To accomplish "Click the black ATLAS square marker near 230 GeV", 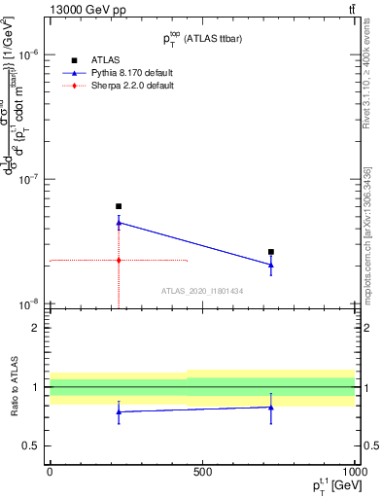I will tap(119, 206).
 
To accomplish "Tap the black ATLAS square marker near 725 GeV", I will tap(271, 252).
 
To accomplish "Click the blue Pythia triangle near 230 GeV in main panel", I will tap(119, 223).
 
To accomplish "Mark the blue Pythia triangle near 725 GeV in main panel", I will tap(271, 265).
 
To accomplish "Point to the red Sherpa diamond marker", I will tap(119, 260).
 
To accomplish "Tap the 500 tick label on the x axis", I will tap(201, 472).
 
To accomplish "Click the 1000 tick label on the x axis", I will tap(351, 472).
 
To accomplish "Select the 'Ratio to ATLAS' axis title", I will tap(13, 387).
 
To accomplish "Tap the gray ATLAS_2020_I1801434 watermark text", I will tap(203, 291).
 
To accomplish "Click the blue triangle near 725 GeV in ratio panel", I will tap(271, 407).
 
